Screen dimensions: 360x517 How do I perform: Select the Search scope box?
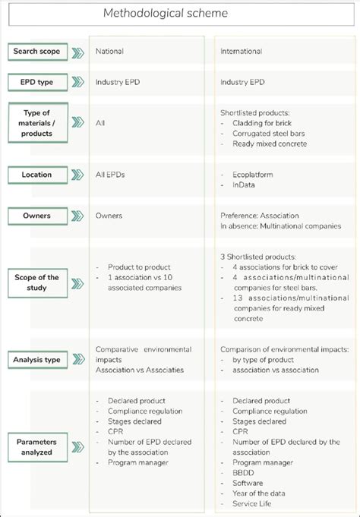click(x=36, y=52)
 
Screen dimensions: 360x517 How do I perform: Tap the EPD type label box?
click(x=36, y=81)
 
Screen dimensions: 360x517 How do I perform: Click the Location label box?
click(x=36, y=175)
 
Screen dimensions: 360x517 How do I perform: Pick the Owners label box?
click(x=36, y=216)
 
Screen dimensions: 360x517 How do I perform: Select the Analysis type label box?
click(x=36, y=359)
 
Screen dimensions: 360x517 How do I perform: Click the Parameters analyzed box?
click(x=36, y=446)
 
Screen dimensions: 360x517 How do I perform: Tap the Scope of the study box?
click(x=36, y=282)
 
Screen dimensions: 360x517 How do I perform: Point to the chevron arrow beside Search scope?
click(x=77, y=52)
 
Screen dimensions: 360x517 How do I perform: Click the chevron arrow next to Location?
click(x=77, y=175)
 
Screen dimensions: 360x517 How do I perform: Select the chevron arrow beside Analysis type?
click(x=77, y=359)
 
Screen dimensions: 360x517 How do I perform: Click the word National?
click(x=109, y=52)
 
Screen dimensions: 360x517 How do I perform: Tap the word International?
click(x=242, y=52)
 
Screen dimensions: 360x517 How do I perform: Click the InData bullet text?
click(x=245, y=184)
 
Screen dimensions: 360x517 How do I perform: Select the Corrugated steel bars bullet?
click(x=267, y=132)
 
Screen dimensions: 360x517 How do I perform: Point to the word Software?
click(x=248, y=483)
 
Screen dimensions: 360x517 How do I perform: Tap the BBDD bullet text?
click(x=244, y=472)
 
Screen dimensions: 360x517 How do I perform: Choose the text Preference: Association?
click(x=260, y=216)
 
